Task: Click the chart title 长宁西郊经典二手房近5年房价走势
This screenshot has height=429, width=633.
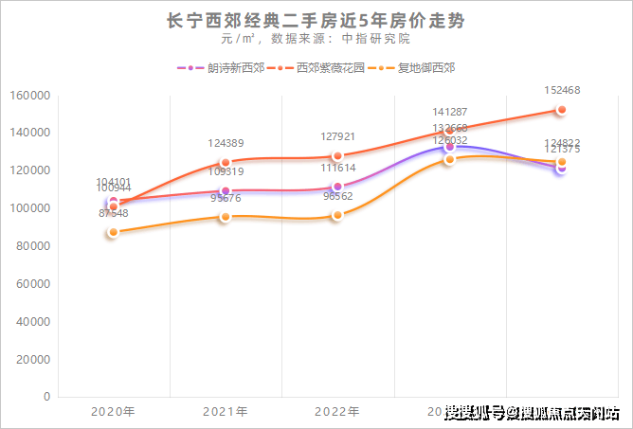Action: pyautogui.click(x=316, y=19)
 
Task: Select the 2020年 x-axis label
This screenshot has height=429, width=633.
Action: pyautogui.click(x=113, y=413)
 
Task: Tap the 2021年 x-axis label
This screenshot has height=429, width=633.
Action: pyautogui.click(x=225, y=413)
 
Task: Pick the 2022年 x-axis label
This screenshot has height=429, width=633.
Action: pyautogui.click(x=336, y=413)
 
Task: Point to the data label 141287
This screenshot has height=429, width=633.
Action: pyautogui.click(x=449, y=112)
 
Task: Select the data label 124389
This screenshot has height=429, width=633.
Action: pyautogui.click(x=226, y=144)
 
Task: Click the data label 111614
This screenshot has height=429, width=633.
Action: pyautogui.click(x=337, y=168)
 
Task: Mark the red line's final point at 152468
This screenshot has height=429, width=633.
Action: pyautogui.click(x=561, y=110)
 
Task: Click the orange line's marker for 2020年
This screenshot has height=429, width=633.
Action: pyautogui.click(x=113, y=232)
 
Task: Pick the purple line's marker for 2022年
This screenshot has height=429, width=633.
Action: pyautogui.click(x=337, y=187)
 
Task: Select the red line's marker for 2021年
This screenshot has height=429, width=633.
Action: pyautogui.click(x=226, y=162)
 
